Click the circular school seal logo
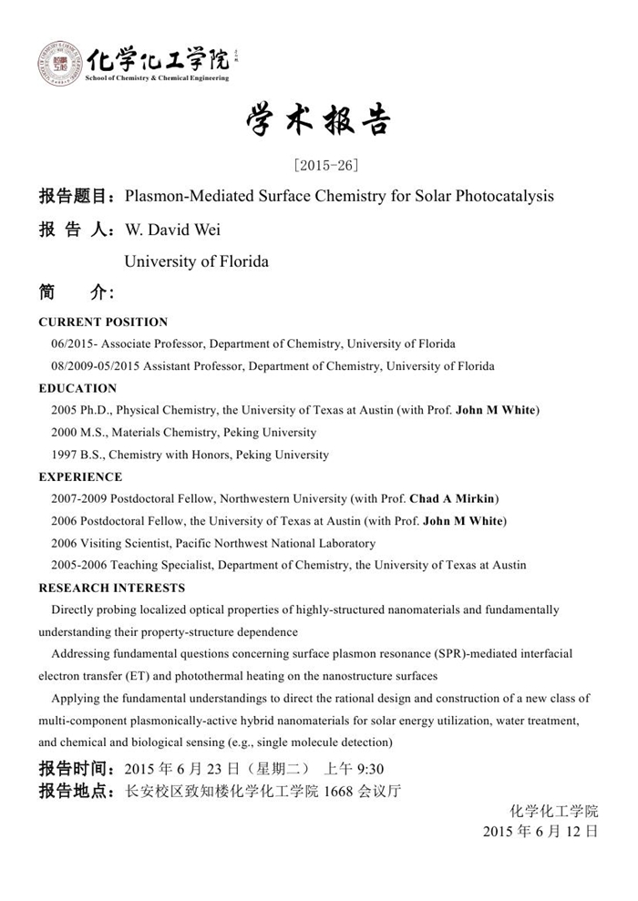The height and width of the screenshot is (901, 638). pyautogui.click(x=60, y=64)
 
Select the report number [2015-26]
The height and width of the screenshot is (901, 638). pyautogui.click(x=319, y=165)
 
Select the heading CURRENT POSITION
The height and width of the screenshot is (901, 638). pyautogui.click(x=103, y=322)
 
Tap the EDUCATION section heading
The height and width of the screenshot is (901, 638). pyautogui.click(x=77, y=388)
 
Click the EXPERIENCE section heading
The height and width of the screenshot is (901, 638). pyautogui.click(x=80, y=476)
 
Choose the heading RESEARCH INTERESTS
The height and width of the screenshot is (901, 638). pyautogui.click(x=111, y=588)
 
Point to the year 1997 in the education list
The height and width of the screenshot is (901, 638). pyautogui.click(x=67, y=455)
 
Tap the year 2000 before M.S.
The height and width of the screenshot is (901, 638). pyautogui.click(x=67, y=433)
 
